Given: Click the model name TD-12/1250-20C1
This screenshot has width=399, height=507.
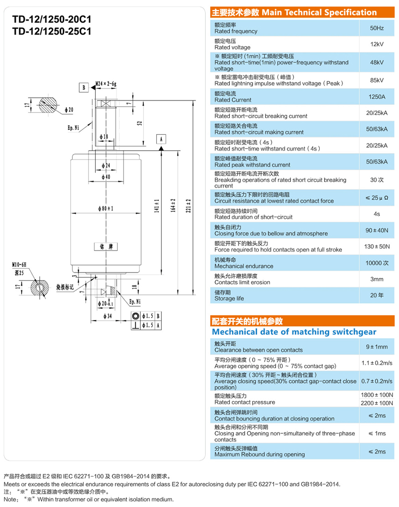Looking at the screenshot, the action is coord(52,20).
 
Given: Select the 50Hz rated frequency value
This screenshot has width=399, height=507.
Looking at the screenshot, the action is coord(377,28).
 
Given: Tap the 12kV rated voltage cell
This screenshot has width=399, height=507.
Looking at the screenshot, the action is coord(377,44).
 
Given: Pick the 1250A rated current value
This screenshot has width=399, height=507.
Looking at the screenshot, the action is coord(377,97).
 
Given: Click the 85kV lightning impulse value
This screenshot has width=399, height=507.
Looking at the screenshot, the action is coord(377,80).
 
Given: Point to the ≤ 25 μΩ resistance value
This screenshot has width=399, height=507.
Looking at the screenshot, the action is coord(377,198).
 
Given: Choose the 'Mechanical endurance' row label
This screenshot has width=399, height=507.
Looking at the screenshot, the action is coord(244,266).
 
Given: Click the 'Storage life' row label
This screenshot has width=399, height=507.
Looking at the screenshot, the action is coord(229,298).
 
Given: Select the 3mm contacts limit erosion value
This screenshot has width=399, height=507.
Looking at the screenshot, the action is coord(377,279).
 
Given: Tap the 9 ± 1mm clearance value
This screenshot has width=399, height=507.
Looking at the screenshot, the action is coord(377,347).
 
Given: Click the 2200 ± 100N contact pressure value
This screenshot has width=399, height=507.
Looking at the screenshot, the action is coord(377,403).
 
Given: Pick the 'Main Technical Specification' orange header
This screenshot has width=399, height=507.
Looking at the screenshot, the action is coord(302,12).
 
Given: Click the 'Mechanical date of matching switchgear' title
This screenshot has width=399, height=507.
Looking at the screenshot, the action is coord(294,332).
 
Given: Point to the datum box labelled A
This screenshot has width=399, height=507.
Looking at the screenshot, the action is coord(161,139).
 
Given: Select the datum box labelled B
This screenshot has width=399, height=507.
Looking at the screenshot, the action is coord(84,87).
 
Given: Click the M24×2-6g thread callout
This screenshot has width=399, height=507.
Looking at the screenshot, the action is coord(106,84).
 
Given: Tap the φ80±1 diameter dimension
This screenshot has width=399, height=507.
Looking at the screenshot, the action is coord(106,209).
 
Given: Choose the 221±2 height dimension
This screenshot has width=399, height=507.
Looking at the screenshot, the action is coord(188,205).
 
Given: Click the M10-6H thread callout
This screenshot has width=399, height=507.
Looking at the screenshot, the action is coord(19,265).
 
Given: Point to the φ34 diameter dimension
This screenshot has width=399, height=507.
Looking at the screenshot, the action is coord(108,316).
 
